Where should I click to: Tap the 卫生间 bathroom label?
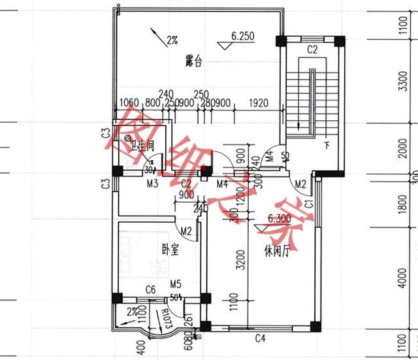(142, 146)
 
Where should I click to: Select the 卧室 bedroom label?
(170, 249)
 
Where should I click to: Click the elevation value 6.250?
(242, 37)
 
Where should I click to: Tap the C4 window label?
(260, 338)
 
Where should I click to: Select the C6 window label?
(150, 289)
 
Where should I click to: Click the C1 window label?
(309, 205)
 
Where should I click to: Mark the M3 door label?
(152, 184)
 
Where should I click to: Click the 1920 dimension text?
(259, 103)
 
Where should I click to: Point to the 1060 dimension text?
(131, 103)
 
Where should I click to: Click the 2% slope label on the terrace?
(172, 41)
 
